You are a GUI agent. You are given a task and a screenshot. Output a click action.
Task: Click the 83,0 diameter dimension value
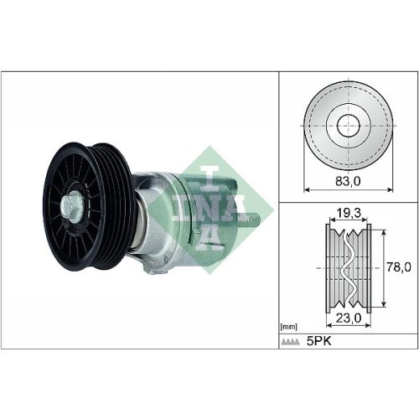[x=348, y=181]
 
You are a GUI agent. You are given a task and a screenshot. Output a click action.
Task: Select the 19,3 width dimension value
[x=349, y=213]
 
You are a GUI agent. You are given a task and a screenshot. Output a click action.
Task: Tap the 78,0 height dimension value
[x=399, y=267]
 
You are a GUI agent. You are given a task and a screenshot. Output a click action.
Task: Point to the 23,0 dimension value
[x=349, y=318]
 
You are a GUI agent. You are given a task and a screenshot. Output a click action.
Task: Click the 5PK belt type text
[x=318, y=341]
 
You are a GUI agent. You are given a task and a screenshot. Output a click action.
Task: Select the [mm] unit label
[x=288, y=327]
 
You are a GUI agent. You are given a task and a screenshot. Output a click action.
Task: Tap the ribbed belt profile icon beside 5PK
[x=291, y=341]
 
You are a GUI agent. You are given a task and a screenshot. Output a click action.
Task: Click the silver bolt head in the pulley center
[x=71, y=206]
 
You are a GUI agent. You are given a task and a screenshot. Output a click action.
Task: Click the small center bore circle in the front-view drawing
[x=348, y=126]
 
